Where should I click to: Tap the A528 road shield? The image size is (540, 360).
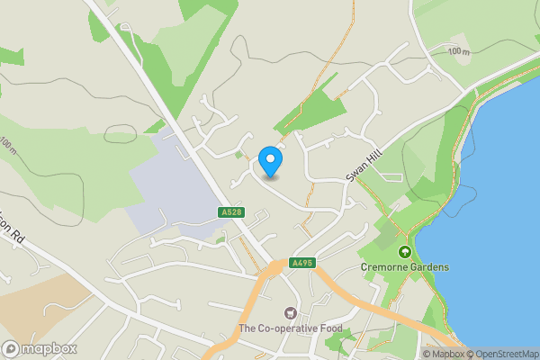(229, 212)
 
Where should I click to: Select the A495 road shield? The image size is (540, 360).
(301, 263)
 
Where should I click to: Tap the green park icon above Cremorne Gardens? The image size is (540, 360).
(405, 252)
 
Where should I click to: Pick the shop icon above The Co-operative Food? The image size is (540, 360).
(290, 313)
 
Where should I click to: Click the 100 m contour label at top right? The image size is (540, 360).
(458, 52)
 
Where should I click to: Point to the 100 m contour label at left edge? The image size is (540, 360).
(9, 144)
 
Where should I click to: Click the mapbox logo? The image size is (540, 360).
(40, 348)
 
